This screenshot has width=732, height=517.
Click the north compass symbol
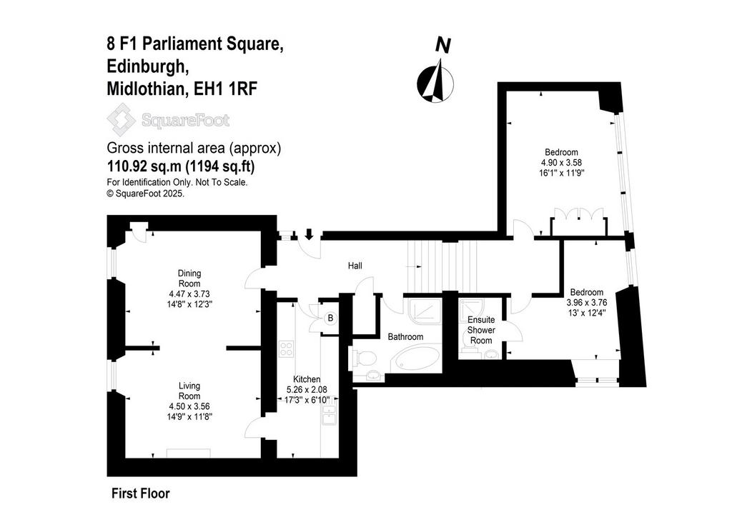[435, 83]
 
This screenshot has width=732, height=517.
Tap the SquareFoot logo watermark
[168, 120]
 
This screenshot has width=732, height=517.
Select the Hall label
[355, 266]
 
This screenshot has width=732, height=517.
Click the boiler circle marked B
[330, 318]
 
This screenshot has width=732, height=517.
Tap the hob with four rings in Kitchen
[286, 349]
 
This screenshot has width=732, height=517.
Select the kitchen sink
[330, 415]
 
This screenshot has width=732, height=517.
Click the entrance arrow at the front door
[309, 234]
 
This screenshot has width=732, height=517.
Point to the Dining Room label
[189, 278]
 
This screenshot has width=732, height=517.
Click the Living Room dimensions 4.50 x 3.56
[189, 406]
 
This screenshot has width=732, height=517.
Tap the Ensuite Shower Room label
[481, 330]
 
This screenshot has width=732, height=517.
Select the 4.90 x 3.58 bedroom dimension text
[562, 162]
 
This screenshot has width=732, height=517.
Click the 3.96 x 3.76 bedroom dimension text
[587, 303]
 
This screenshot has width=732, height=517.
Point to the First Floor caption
[141, 493]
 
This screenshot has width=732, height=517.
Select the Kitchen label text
[307, 379]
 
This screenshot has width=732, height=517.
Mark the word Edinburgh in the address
[148, 66]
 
